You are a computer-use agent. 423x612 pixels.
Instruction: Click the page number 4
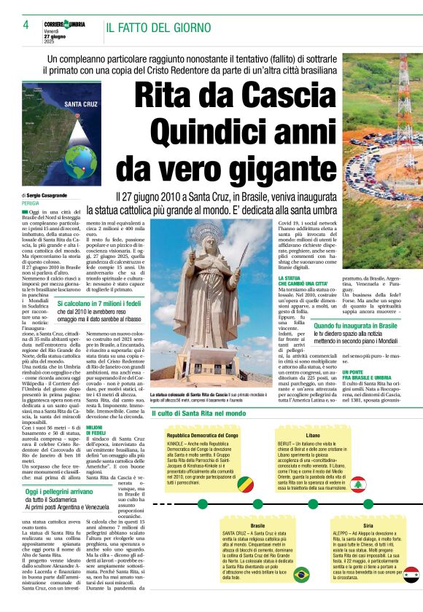[26, 25]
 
